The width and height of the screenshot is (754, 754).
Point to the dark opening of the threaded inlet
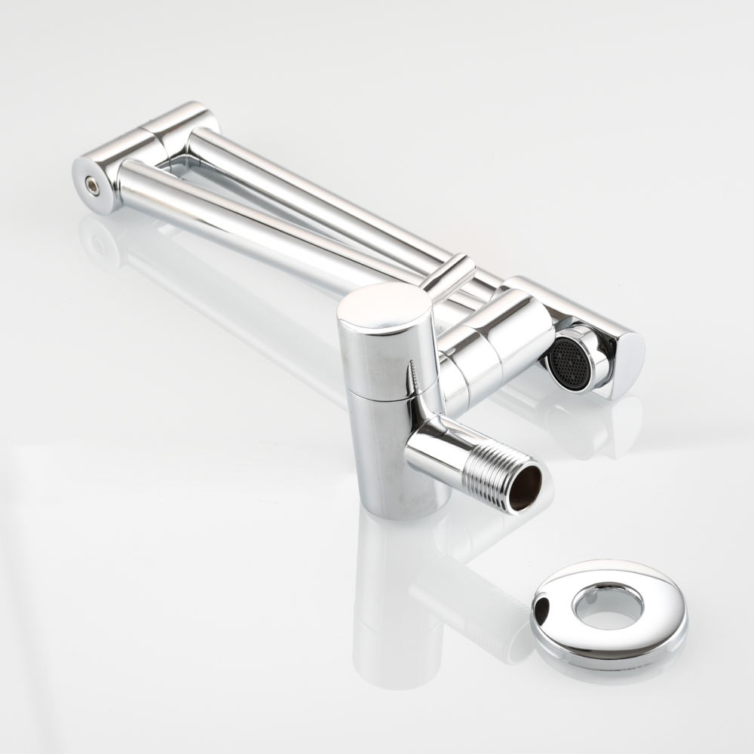point(527,487)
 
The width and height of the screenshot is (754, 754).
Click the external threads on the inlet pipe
point(491,470)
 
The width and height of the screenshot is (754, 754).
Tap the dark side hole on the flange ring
point(541,602)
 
